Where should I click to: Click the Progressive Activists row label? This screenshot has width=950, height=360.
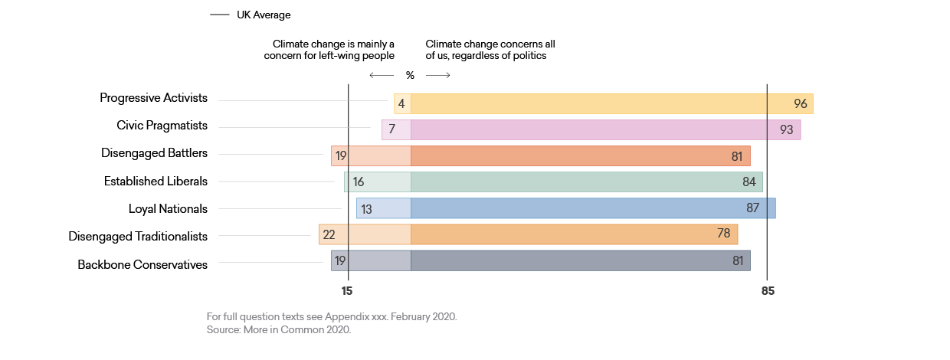(x=153, y=98)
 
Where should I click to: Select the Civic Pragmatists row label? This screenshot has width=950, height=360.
(x=162, y=126)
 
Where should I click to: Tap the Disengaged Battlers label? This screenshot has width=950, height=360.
(x=154, y=153)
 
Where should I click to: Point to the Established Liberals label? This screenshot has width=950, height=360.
(x=156, y=182)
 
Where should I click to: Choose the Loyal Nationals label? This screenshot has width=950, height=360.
(x=168, y=208)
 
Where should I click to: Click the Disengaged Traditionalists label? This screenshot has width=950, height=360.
(x=138, y=237)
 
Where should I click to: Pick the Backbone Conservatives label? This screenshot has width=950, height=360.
(x=142, y=264)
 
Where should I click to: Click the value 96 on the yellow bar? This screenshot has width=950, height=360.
(x=801, y=104)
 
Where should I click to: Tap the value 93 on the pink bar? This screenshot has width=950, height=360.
(x=786, y=130)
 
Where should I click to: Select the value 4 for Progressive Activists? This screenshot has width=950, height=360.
(x=401, y=104)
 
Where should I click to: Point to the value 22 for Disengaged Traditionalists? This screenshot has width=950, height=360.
(x=329, y=234)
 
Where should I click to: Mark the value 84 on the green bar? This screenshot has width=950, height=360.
(x=749, y=182)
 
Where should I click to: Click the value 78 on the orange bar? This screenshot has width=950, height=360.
(x=723, y=234)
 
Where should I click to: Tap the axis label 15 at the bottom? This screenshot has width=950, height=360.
(x=347, y=291)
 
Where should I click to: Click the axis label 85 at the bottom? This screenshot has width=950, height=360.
(x=768, y=291)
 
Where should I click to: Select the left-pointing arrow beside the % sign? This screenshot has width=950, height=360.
(x=381, y=75)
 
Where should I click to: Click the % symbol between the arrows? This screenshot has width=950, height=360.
(x=410, y=75)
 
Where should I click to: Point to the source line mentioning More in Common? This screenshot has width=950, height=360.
(x=278, y=329)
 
